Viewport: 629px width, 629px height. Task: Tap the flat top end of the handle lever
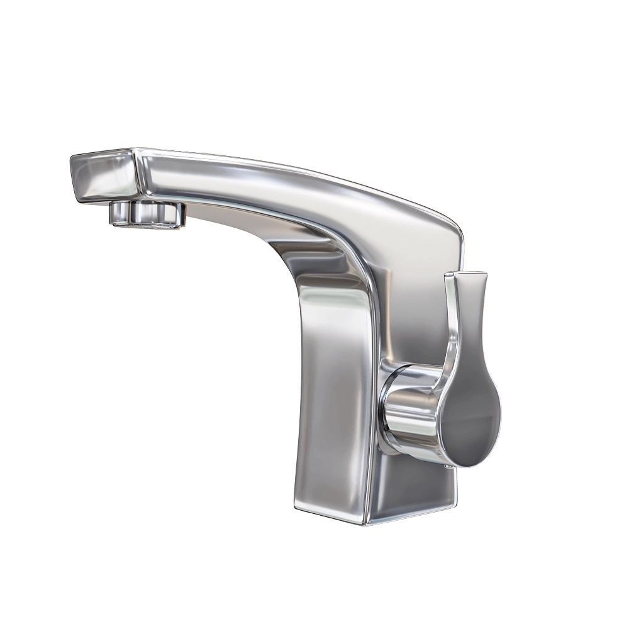465,274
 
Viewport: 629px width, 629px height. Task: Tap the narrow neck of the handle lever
462,340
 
